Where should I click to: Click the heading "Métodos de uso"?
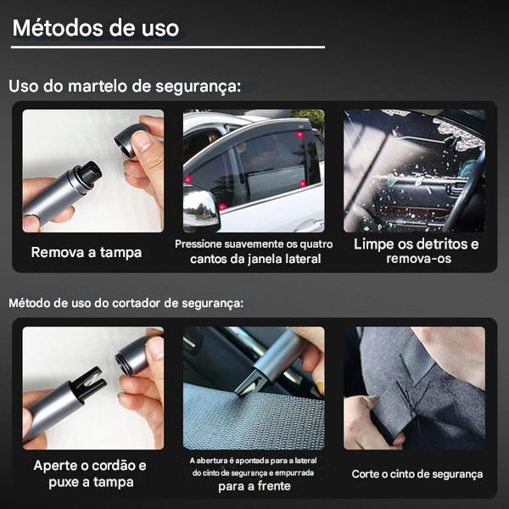(x=96, y=27)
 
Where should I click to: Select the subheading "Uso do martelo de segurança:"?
(x=125, y=87)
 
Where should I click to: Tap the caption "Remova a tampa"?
(x=87, y=252)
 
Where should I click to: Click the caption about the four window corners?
(x=254, y=251)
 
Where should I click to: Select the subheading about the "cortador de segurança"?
(x=126, y=302)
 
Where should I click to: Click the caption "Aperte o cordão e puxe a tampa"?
(x=90, y=473)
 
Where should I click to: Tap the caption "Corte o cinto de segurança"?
(x=417, y=474)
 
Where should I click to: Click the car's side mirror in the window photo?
(x=202, y=207)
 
